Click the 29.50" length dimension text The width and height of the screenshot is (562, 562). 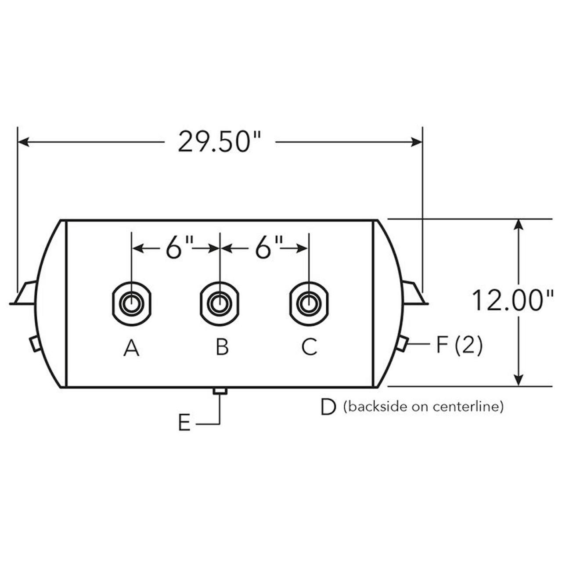click(220, 142)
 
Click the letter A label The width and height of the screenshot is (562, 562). click(131, 348)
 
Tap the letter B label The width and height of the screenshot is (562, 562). click(222, 348)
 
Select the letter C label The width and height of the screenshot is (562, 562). click(309, 348)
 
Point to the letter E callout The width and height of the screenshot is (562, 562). click(184, 424)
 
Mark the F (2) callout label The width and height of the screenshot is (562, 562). click(459, 345)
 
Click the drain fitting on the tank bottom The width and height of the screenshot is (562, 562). click(220, 391)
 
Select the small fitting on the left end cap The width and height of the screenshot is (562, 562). click(35, 343)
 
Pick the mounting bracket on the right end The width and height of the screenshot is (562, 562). click(414, 293)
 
